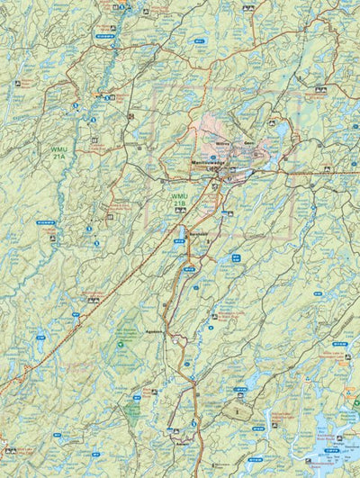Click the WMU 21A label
click(58, 149)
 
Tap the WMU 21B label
click(180, 200)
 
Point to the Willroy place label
click(224, 141)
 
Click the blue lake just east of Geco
click(282, 133)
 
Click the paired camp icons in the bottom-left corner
click(10, 451)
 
